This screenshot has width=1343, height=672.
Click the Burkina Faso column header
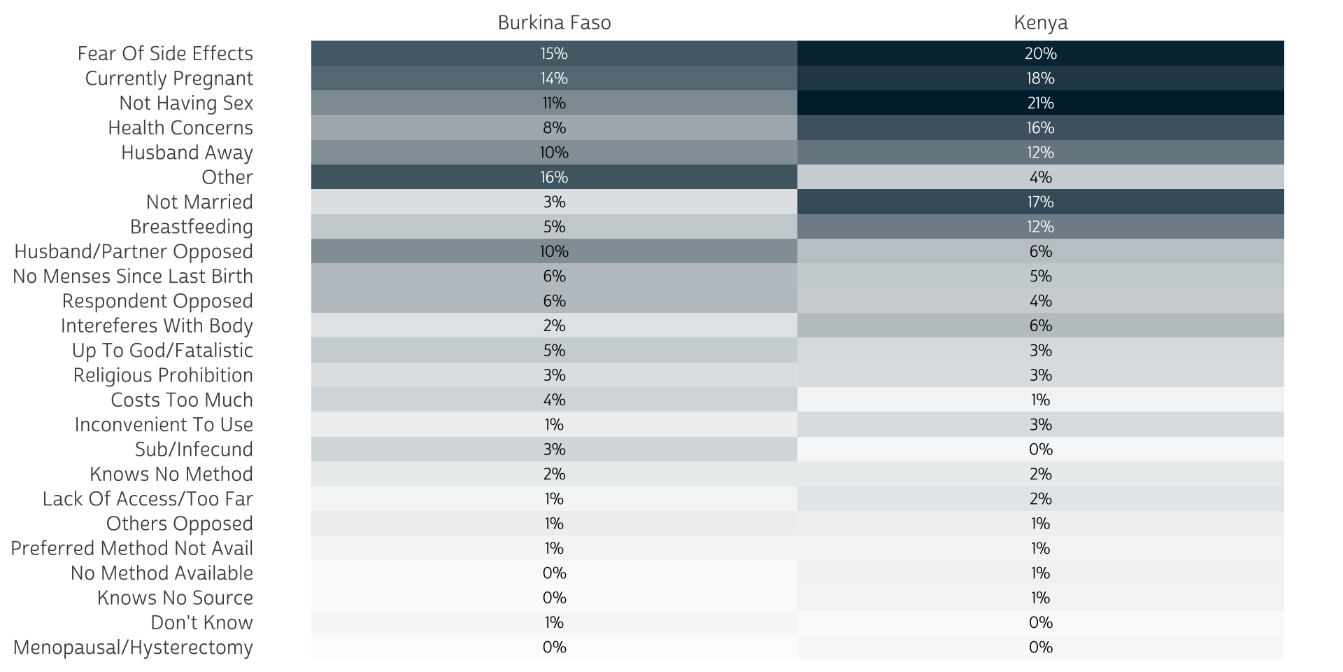pos(554,23)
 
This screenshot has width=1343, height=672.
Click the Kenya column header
pos(1040,23)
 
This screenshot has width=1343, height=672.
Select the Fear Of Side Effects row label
pos(165,54)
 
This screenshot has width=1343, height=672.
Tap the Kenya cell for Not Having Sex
pos(1040,103)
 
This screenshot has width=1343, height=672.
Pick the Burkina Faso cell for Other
pos(554,177)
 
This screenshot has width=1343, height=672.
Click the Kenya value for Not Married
pos(1040,202)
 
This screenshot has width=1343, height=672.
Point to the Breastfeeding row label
pos(192,227)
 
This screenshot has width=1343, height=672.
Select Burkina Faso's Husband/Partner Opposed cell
pos(554,251)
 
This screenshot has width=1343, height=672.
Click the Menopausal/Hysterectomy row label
pos(133,647)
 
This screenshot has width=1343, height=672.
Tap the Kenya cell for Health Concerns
pos(1040,127)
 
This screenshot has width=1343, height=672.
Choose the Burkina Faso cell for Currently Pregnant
pos(554,78)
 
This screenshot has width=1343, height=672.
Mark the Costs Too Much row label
pos(182,400)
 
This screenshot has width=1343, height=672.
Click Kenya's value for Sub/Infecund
pos(1040,449)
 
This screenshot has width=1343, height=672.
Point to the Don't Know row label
pos(201,622)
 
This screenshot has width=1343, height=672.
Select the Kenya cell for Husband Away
pos(1040,153)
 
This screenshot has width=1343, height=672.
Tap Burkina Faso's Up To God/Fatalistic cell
pos(554,350)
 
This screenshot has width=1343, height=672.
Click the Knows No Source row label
pos(175,598)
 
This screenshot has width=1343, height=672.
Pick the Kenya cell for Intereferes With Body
pos(1040,325)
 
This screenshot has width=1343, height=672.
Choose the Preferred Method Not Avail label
pos(132,548)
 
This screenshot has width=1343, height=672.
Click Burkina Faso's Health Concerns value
pos(554,127)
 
